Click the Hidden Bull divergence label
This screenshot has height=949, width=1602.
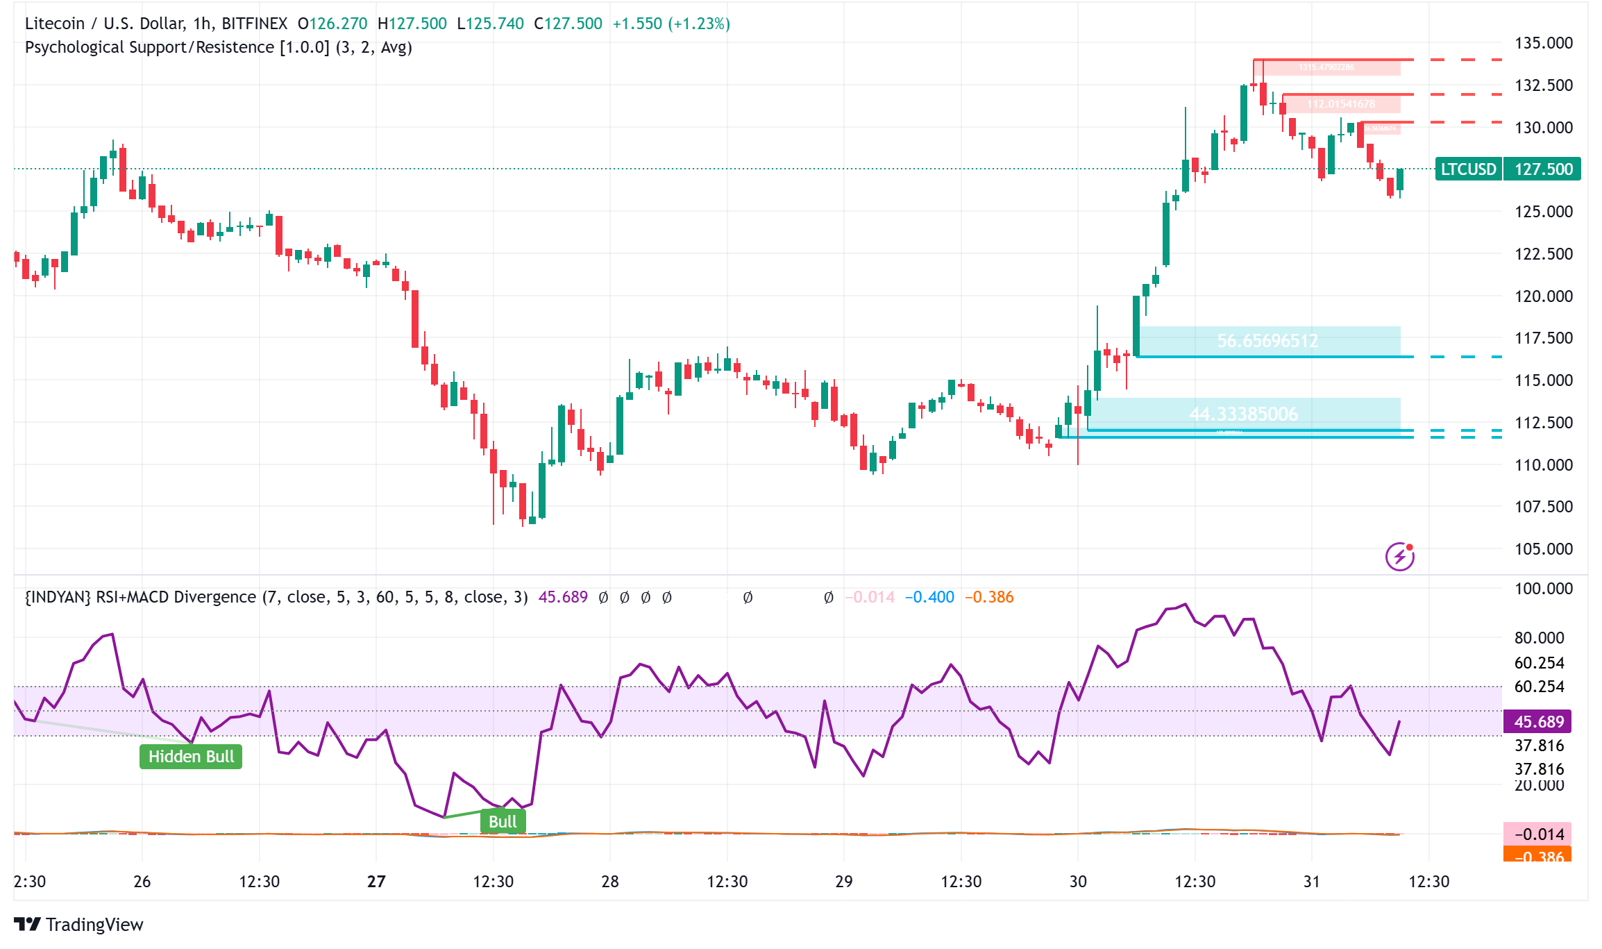pyautogui.click(x=191, y=756)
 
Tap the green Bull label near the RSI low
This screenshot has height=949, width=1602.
pyautogui.click(x=503, y=821)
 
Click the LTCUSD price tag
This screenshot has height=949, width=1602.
pyautogui.click(x=1468, y=169)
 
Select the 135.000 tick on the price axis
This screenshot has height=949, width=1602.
pyautogui.click(x=1543, y=43)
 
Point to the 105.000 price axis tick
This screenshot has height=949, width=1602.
pyautogui.click(x=1543, y=548)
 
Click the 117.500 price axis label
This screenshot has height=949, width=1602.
pyautogui.click(x=1543, y=338)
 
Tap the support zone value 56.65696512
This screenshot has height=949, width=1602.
pyautogui.click(x=1267, y=341)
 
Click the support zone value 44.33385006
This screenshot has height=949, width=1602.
pyautogui.click(x=1243, y=414)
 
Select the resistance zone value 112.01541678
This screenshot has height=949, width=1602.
pyautogui.click(x=1340, y=104)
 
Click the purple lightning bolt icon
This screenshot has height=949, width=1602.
pyautogui.click(x=1399, y=557)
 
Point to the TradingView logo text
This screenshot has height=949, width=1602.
pyautogui.click(x=94, y=925)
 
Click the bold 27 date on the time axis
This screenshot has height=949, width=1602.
pyautogui.click(x=376, y=882)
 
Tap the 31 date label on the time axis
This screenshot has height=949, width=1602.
pyautogui.click(x=1311, y=882)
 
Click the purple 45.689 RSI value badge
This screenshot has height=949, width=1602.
pyautogui.click(x=1538, y=722)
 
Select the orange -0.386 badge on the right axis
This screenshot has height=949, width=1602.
pyautogui.click(x=1538, y=856)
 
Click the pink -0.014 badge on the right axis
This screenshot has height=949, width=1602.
pyautogui.click(x=1538, y=834)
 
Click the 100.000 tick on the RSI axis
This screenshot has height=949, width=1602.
pyautogui.click(x=1543, y=589)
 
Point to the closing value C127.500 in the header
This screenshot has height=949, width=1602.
pyautogui.click(x=568, y=24)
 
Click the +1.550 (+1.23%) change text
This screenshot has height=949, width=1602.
pyautogui.click(x=671, y=24)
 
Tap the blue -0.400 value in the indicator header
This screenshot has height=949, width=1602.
pyautogui.click(x=929, y=597)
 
